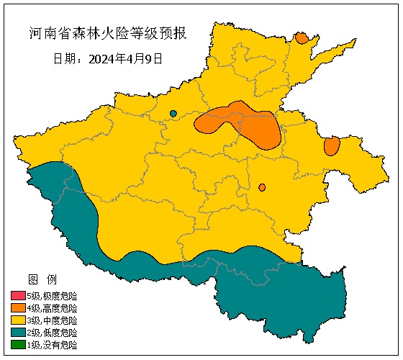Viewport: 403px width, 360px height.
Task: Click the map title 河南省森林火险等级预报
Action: click(x=107, y=35)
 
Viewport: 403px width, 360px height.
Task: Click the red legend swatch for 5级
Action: click(x=18, y=296)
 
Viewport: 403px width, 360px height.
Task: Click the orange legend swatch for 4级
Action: click(x=18, y=308)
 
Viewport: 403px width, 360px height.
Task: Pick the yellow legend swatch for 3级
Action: click(x=18, y=320)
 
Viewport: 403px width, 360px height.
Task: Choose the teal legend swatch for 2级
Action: click(x=18, y=333)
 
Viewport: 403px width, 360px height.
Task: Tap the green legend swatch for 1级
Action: click(x=18, y=345)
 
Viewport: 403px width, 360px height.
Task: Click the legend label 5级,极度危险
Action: click(x=52, y=296)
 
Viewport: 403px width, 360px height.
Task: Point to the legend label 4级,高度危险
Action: click(x=52, y=308)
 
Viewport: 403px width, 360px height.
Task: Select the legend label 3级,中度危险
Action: click(x=52, y=320)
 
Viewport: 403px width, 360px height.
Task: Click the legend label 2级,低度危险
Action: click(x=52, y=333)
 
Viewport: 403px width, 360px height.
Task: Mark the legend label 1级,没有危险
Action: click(x=52, y=345)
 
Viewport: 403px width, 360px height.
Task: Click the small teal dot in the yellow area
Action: click(x=173, y=113)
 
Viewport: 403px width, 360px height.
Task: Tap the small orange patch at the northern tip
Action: click(x=302, y=37)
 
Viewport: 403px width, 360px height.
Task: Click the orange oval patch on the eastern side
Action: click(x=332, y=146)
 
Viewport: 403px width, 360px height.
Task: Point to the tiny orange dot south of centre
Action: click(x=262, y=187)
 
